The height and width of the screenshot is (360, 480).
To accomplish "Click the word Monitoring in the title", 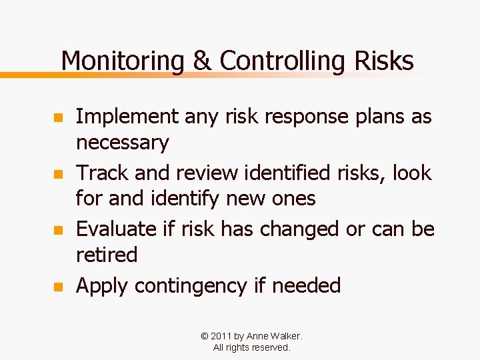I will (122, 61).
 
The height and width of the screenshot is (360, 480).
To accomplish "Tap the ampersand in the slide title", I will (201, 61).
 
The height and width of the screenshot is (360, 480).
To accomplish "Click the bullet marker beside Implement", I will (58, 118).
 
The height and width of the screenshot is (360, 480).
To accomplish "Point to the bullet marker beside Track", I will (58, 175).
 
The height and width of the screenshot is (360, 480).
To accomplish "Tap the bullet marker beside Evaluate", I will (58, 231).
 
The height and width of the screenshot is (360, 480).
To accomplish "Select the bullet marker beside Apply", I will (58, 287).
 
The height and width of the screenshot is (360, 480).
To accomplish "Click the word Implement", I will (127, 117).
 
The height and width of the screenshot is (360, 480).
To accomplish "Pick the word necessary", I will (123, 143).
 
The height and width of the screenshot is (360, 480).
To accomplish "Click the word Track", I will (103, 173).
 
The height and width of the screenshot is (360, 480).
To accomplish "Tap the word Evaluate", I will (117, 229).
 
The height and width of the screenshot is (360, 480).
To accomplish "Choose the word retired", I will (107, 255).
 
